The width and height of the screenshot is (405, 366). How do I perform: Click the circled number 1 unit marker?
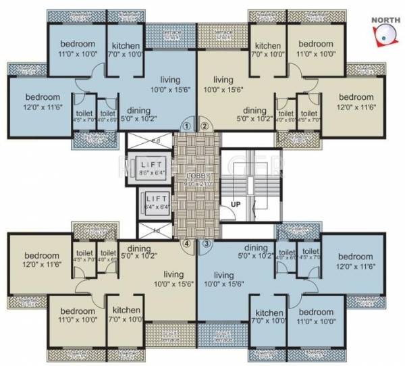(187, 126)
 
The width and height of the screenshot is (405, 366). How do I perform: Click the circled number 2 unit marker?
(205, 126)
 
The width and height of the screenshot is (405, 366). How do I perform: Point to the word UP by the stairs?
(237, 203)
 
